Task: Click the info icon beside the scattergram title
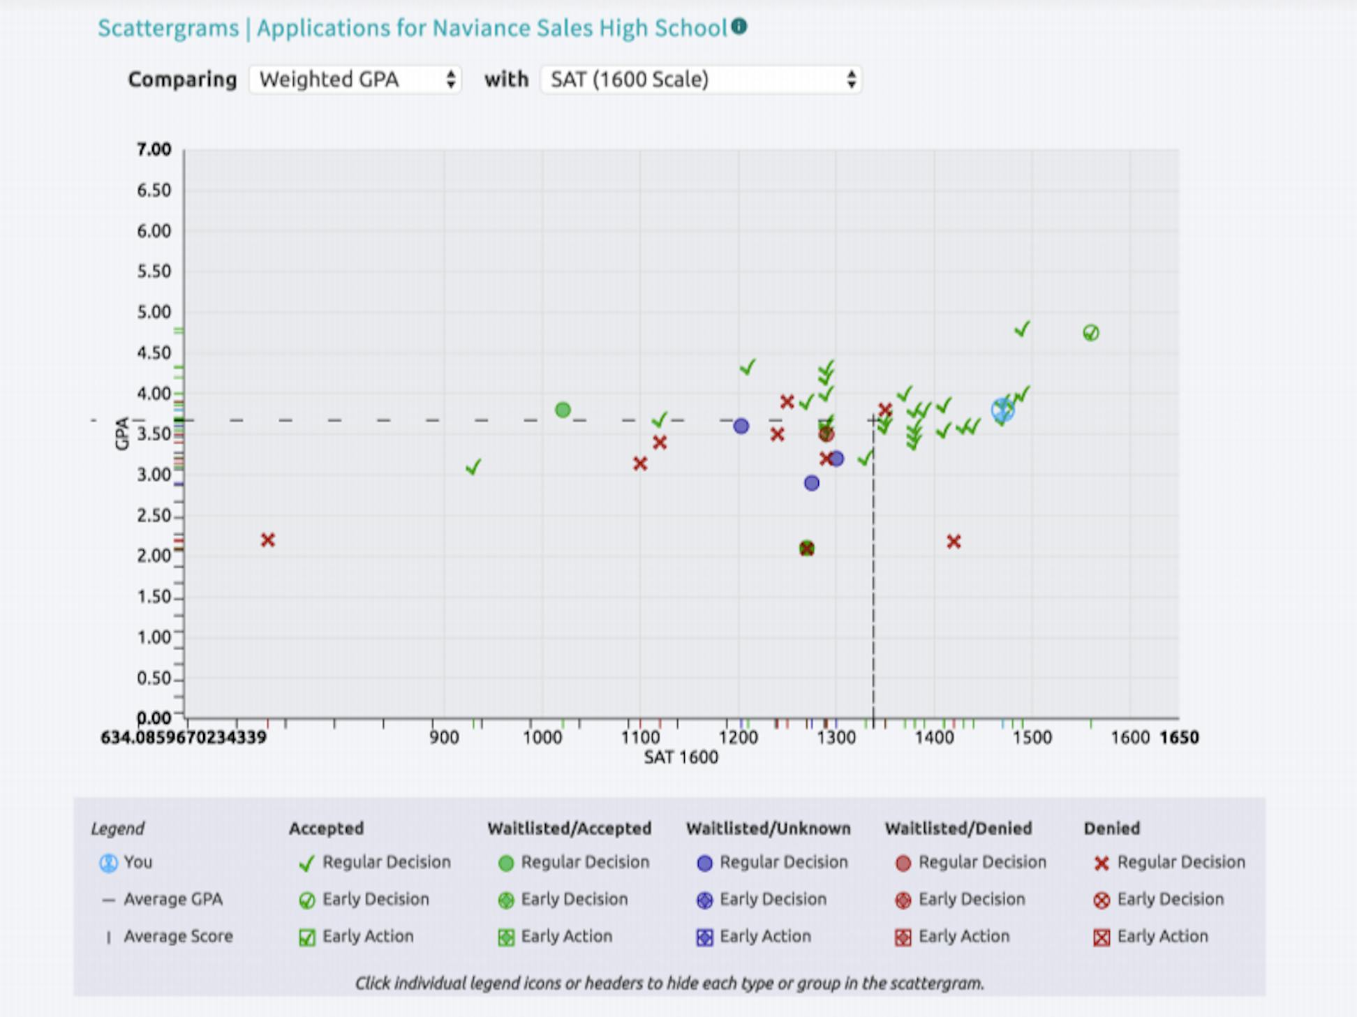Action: [x=739, y=27]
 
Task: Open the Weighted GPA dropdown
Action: [x=355, y=80]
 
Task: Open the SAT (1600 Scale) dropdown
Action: [x=701, y=80]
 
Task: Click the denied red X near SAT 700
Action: [x=268, y=540]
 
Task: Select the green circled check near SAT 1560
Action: [x=1090, y=333]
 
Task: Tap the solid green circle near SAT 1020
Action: [x=563, y=410]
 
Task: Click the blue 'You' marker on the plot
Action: [x=1003, y=410]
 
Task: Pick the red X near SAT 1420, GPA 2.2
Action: [x=954, y=541]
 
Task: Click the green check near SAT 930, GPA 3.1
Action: [x=473, y=466]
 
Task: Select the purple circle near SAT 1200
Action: [x=741, y=426]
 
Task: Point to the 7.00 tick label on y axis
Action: [x=154, y=149]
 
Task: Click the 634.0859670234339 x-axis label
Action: [x=184, y=738]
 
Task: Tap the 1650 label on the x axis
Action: [x=1179, y=738]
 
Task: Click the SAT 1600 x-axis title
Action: [x=681, y=757]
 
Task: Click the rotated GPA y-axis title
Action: [x=122, y=433]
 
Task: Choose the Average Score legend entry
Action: [x=178, y=936]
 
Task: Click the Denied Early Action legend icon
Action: [x=1102, y=937]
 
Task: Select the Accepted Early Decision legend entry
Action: [x=375, y=899]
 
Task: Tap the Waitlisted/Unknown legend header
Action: [x=768, y=829]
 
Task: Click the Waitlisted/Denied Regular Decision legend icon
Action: [x=903, y=863]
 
